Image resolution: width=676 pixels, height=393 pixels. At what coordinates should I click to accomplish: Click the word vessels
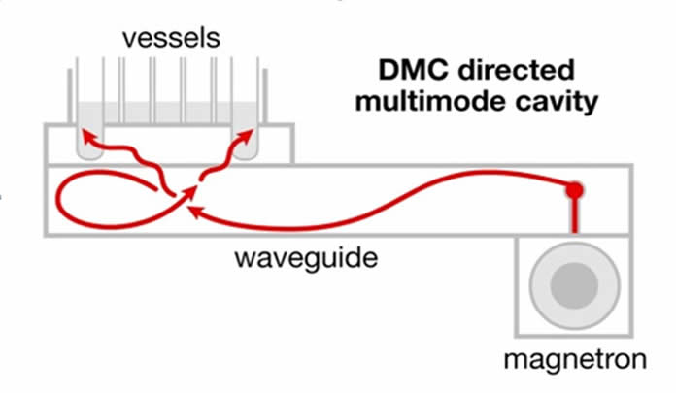click(172, 38)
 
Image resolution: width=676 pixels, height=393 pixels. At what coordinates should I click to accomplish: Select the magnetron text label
click(573, 361)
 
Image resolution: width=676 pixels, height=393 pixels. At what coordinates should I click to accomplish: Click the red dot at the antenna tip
click(575, 188)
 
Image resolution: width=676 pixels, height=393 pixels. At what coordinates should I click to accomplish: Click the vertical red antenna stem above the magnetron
click(575, 213)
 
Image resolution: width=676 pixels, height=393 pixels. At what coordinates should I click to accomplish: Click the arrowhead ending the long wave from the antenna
click(194, 208)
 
